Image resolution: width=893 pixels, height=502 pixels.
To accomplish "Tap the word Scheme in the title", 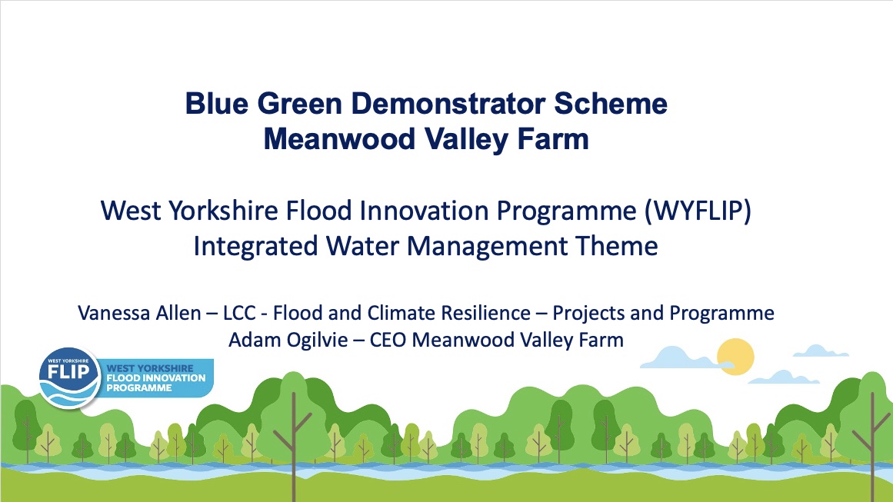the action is (x=611, y=104).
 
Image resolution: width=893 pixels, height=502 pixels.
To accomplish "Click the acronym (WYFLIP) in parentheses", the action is (x=698, y=211).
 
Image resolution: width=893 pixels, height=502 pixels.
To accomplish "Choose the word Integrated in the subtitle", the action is (x=255, y=247).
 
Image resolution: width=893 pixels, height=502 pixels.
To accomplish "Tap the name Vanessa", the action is (x=110, y=313).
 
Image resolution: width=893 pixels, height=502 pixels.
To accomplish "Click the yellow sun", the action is (x=735, y=357).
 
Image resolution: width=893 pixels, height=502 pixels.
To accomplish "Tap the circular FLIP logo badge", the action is (x=69, y=377).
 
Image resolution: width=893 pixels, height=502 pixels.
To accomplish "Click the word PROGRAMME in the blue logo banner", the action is (x=139, y=388).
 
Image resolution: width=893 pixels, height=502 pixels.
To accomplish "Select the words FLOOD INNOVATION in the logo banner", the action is (x=156, y=378).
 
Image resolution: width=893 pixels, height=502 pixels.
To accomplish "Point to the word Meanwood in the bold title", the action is (x=339, y=139).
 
